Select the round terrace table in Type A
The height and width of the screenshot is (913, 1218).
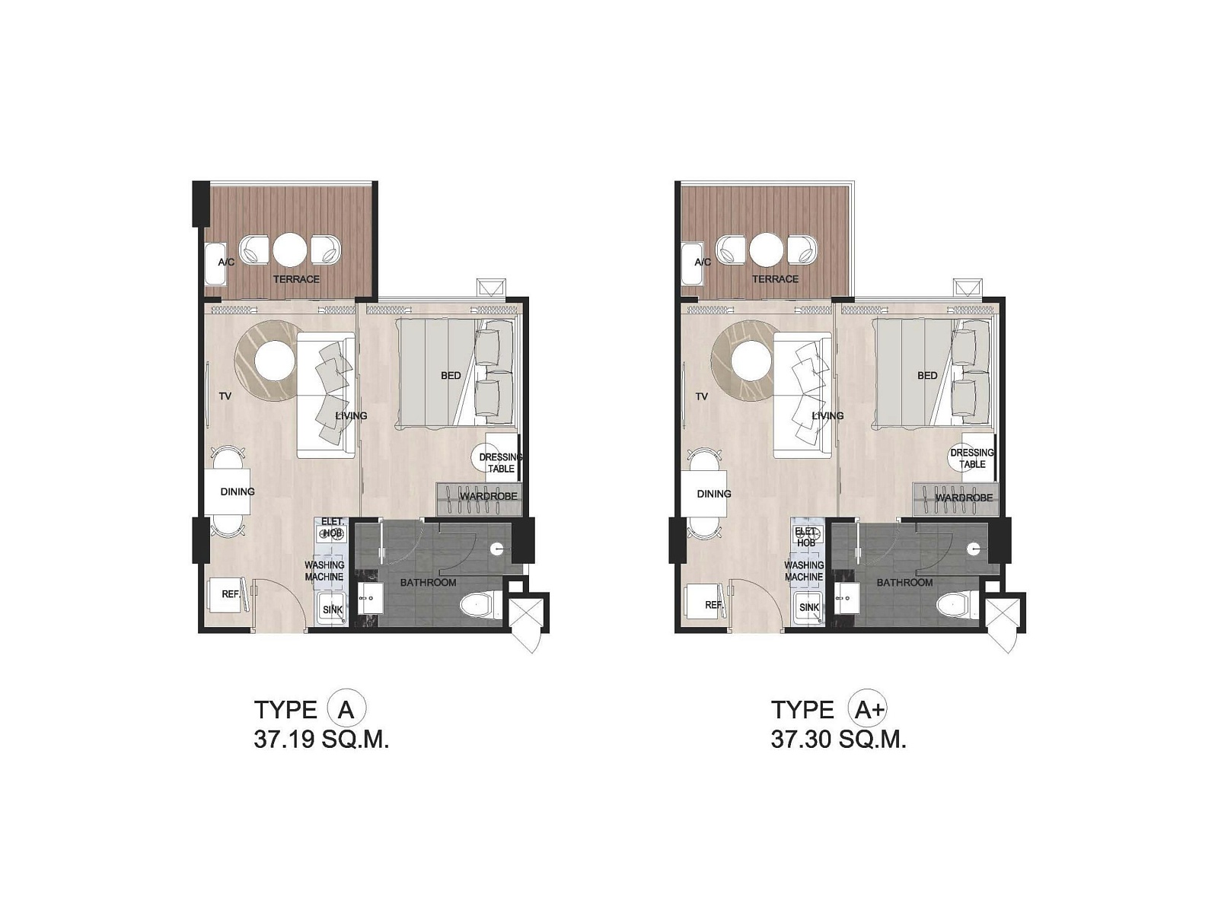(290, 250)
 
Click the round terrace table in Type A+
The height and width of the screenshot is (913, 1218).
(767, 250)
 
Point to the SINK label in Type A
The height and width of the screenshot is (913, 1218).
(333, 609)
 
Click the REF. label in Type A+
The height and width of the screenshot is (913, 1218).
(713, 605)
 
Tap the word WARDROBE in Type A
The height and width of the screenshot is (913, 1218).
(488, 496)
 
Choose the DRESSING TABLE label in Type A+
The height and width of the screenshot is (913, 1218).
(972, 459)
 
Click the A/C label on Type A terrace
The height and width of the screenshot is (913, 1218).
(226, 262)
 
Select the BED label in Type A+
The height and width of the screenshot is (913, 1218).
(927, 376)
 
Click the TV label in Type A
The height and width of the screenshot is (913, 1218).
(225, 396)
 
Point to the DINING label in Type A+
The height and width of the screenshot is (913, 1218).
(714, 494)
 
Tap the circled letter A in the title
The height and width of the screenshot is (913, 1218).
(346, 710)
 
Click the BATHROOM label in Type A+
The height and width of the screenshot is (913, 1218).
(905, 583)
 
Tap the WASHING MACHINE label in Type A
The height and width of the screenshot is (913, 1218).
(324, 571)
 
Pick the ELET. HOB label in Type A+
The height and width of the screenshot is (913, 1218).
(805, 537)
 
